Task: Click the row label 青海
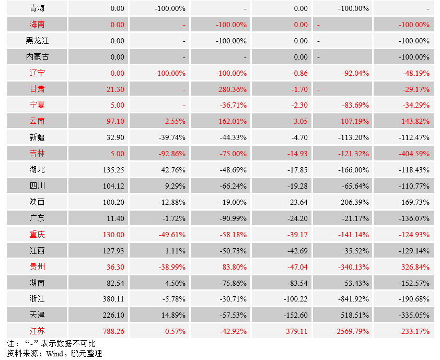coord(37,8)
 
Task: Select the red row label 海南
coord(37,25)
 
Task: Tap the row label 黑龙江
coord(37,41)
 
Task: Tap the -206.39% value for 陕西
coord(353,202)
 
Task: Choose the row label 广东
coord(37,218)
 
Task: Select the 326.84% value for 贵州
coord(416,267)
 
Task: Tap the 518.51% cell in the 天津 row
coord(355,316)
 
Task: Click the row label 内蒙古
coord(37,57)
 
